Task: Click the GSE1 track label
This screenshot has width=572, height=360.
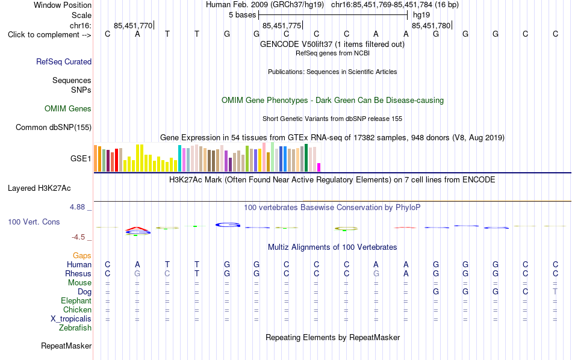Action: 81,158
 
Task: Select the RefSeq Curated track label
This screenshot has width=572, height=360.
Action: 64,61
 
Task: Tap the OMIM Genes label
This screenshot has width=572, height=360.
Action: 68,109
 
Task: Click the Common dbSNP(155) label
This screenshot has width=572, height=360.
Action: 54,127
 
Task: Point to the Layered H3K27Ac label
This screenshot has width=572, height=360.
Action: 39,188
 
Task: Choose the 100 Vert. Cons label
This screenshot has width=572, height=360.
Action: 34,222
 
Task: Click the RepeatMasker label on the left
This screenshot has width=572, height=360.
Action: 66,346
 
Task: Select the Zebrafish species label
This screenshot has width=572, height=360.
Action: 75,327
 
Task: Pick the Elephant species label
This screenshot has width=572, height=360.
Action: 76,300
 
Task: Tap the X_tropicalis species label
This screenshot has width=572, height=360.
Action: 71,319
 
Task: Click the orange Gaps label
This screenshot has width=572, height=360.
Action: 82,255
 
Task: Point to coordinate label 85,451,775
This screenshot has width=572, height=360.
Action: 282,25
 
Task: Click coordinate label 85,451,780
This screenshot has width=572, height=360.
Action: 431,25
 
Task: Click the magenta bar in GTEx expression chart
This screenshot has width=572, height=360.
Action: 319,167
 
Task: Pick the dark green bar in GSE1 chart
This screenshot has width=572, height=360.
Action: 306,158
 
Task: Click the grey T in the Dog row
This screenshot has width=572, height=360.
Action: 555,291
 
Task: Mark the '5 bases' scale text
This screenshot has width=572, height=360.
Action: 243,15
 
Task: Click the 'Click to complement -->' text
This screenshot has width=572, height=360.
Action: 49,35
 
